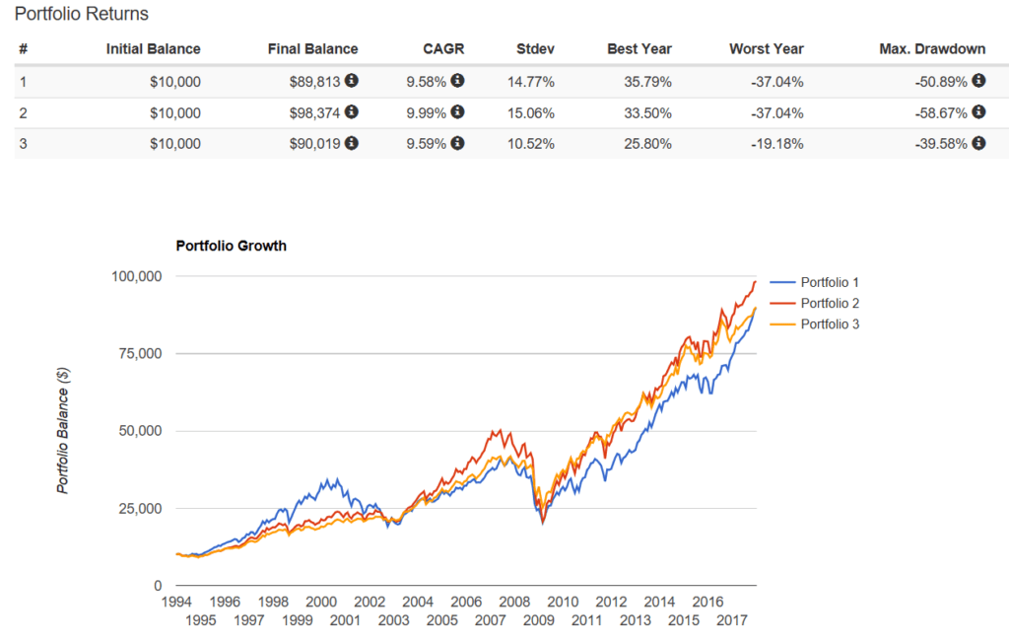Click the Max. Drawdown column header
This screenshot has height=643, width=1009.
coord(932,48)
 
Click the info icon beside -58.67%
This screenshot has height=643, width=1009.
coord(978,112)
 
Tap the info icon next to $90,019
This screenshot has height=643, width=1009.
coord(352,143)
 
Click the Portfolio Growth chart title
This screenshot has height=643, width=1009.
coord(231,246)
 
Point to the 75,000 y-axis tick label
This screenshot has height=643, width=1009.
coord(139,354)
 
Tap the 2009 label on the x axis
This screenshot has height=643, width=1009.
coord(537,620)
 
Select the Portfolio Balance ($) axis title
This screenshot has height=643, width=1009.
coord(63,430)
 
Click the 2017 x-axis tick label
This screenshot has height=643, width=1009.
coord(730,620)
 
